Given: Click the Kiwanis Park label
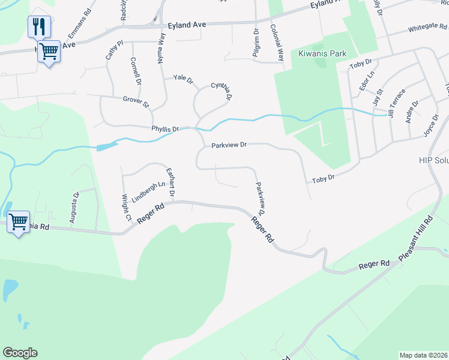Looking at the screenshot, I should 322,53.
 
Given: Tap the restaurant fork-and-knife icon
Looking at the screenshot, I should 39,26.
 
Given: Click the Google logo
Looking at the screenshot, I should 20,353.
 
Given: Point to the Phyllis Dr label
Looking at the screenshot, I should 165,128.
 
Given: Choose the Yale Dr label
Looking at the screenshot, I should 183,79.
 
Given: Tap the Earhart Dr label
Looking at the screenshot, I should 170,182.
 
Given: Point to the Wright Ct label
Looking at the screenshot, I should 126,207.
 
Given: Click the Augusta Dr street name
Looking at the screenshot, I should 74,208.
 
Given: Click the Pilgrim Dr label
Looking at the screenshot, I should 256,41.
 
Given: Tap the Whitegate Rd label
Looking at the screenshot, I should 427,28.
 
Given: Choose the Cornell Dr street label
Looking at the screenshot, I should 135,71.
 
